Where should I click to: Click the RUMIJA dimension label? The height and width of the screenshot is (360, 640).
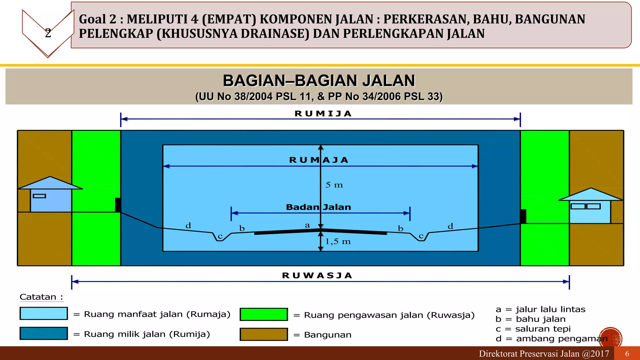pos(323,114)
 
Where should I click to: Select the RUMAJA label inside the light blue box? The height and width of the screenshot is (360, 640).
pos(319,160)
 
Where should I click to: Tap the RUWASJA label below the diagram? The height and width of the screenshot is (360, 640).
pos(317,276)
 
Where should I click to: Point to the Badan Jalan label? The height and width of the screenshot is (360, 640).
pos(318,207)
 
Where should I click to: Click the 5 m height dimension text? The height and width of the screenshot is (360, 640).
pos(334,185)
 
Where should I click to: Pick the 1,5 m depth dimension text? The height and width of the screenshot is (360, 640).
pos(338,242)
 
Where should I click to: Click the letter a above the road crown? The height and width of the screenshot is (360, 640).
pos(307,225)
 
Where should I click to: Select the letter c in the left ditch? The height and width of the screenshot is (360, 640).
pos(220,237)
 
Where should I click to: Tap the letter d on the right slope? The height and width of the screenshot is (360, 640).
pos(450,226)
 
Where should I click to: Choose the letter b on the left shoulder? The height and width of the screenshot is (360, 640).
pos(242,228)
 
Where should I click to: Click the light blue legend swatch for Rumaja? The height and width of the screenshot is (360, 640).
pos(44,313)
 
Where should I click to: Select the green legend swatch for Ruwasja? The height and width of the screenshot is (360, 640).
pos(264,314)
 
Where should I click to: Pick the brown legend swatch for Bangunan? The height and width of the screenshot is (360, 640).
pos(264,334)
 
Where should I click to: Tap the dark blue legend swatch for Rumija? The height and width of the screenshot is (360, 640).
pos(44,333)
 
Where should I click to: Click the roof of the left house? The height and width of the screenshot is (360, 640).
pos(50,183)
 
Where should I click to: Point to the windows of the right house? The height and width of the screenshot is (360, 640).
pos(585,206)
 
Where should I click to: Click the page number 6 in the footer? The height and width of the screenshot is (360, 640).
pos(627,354)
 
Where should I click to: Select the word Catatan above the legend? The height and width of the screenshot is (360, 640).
pos(38,297)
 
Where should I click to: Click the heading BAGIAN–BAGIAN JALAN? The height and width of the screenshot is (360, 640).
pos(319,81)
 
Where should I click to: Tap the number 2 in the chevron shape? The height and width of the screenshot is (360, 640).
pos(48,33)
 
